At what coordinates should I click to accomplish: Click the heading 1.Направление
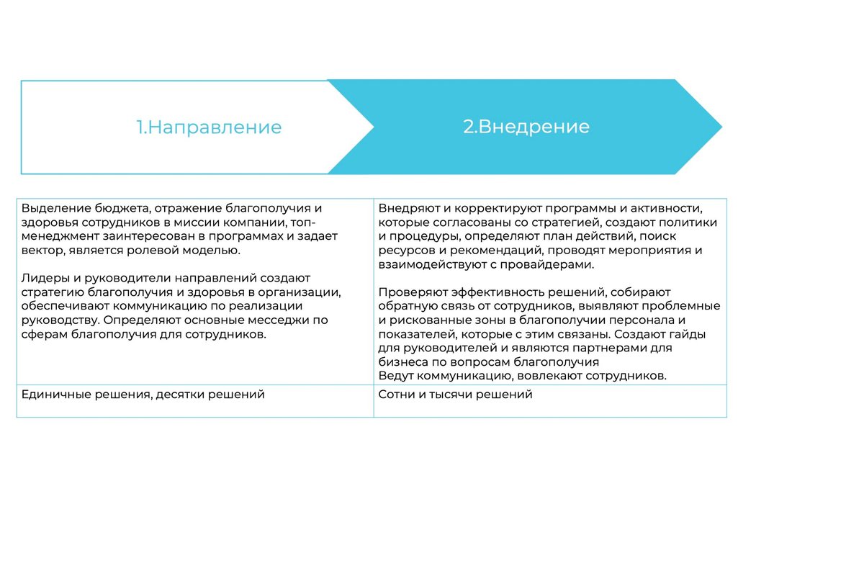[209, 127]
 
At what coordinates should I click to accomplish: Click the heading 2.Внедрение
[526, 127]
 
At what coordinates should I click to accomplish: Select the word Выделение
[51, 209]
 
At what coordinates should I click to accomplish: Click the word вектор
[41, 251]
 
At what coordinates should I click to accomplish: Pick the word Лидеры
[43, 278]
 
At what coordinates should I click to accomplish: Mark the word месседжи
[274, 320]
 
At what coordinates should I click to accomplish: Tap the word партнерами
[582, 348]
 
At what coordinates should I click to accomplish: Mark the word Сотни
[397, 395]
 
